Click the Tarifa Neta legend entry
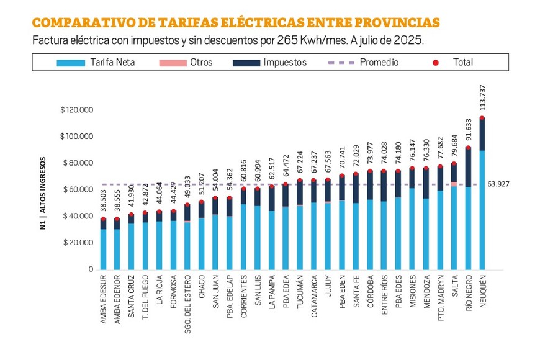[x=96, y=62]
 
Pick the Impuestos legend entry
[x=269, y=62]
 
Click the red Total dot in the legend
[x=436, y=62]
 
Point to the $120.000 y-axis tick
[x=76, y=110]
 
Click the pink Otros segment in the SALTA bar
[x=454, y=184]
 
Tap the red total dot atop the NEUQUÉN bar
[x=482, y=118]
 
